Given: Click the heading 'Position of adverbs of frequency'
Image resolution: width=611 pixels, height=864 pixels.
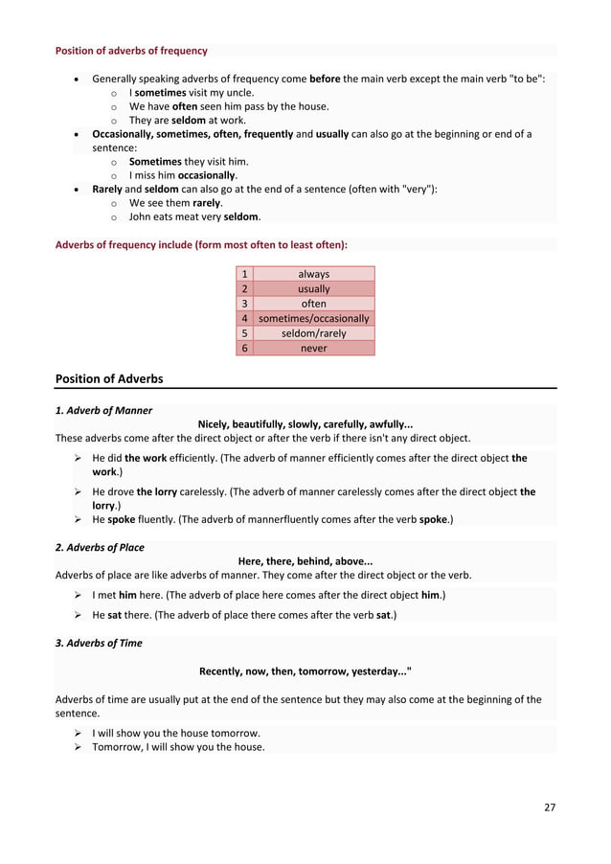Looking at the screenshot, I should tap(131, 51).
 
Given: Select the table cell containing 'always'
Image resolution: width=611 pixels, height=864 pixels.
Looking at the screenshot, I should tap(313, 274).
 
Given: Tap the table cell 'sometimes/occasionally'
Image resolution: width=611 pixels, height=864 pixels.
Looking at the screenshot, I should tap(313, 318).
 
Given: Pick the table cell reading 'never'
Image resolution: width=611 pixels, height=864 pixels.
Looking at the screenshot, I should tap(313, 348).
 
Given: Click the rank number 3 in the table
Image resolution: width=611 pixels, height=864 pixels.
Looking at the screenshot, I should tap(245, 304).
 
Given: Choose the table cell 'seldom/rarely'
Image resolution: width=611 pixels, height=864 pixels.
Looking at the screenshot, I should tap(313, 333).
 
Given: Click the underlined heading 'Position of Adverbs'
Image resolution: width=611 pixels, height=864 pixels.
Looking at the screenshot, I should tap(109, 378).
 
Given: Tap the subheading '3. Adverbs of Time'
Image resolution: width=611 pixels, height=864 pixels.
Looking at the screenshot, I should tap(99, 643).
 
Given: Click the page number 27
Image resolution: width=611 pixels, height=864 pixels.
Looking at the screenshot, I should tap(549, 807).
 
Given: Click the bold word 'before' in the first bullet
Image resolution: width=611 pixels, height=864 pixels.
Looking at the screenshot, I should tap(326, 78).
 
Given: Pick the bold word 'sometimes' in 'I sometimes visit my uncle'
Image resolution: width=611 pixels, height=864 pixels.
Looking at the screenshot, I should tap(161, 92).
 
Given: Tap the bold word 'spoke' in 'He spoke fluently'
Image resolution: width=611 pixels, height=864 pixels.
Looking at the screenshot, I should tap(122, 519).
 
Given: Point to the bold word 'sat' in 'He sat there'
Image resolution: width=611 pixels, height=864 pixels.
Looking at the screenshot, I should tap(119, 615).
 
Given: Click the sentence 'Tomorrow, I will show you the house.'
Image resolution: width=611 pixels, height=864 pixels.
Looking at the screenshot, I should tap(178, 747).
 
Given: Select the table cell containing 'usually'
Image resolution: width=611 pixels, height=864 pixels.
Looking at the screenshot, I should tap(313, 288).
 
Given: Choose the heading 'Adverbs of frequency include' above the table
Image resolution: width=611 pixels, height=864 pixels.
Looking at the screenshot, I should tap(201, 244).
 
